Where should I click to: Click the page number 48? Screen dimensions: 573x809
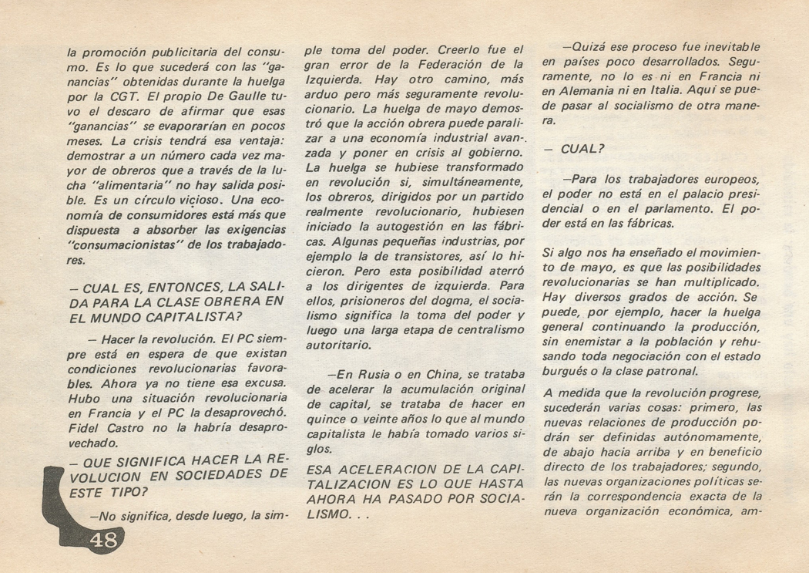103,539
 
